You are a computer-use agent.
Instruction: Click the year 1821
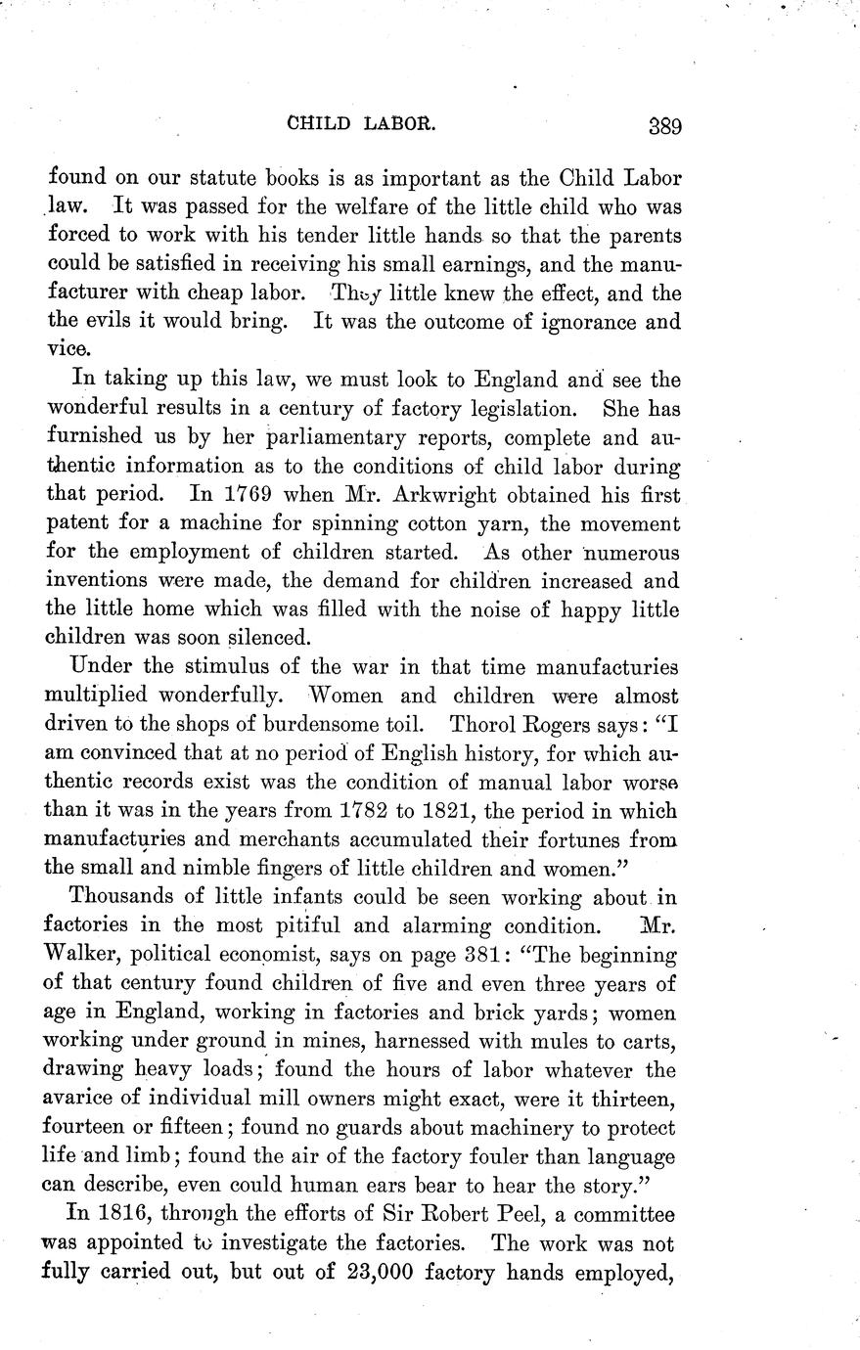point(493,811)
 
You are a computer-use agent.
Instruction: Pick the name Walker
point(82,955)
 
